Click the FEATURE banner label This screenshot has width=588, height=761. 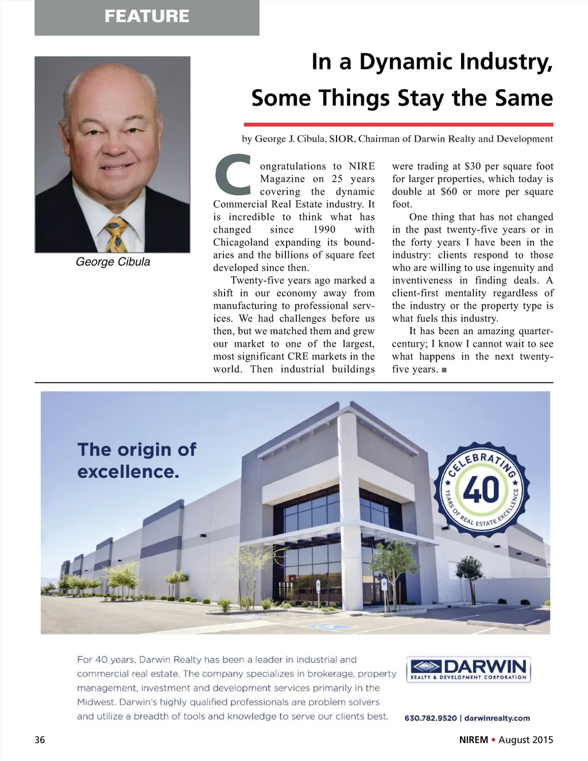[147, 16]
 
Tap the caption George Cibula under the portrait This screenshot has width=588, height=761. [113, 262]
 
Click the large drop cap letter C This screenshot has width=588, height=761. [233, 175]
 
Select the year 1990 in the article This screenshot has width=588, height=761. [324, 230]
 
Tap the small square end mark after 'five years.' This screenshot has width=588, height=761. [444, 370]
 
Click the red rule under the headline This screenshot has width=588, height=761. [398, 124]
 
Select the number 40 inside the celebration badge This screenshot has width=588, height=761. [481, 490]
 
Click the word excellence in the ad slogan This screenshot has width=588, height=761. [127, 472]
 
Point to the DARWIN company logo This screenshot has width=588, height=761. [468, 669]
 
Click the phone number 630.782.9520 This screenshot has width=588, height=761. [431, 718]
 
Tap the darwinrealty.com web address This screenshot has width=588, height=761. [497, 718]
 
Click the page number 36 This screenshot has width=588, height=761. [40, 740]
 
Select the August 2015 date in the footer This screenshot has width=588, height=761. [525, 740]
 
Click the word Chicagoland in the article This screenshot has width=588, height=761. [242, 242]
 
